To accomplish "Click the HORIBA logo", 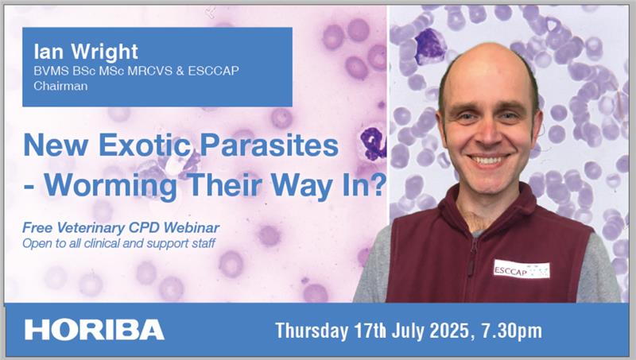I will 94,330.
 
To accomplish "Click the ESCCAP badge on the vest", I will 521,269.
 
